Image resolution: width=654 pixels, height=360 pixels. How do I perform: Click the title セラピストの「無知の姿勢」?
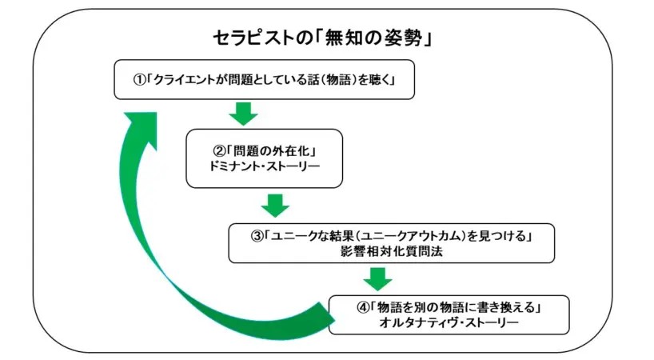[323, 38]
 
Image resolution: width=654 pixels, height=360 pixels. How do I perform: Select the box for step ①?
[265, 80]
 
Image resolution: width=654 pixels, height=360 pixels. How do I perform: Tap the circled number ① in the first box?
[138, 80]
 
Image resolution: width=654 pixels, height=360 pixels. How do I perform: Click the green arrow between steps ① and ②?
[243, 114]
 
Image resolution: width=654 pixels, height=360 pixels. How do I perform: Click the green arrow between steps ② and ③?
[274, 204]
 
